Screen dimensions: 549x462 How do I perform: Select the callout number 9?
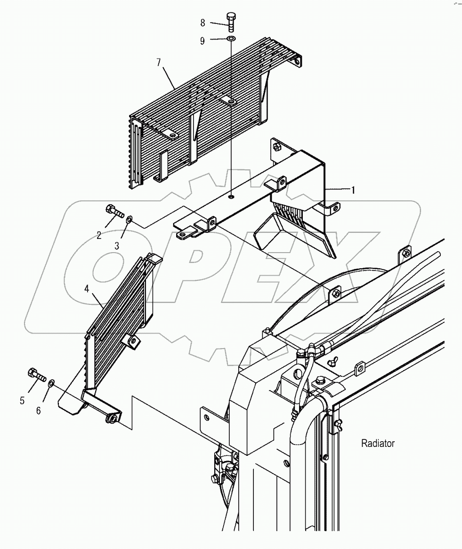[203, 41]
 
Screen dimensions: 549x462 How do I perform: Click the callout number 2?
[99, 235]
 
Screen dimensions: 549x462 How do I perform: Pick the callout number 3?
[117, 245]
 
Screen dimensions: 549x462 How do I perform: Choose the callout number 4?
[87, 289]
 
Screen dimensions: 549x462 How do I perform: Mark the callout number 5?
[22, 401]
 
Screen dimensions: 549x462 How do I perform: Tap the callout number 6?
[39, 410]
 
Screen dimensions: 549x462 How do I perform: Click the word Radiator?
[378, 443]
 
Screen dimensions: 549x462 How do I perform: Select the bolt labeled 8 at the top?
[230, 21]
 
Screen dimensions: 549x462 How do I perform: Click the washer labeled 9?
[231, 39]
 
